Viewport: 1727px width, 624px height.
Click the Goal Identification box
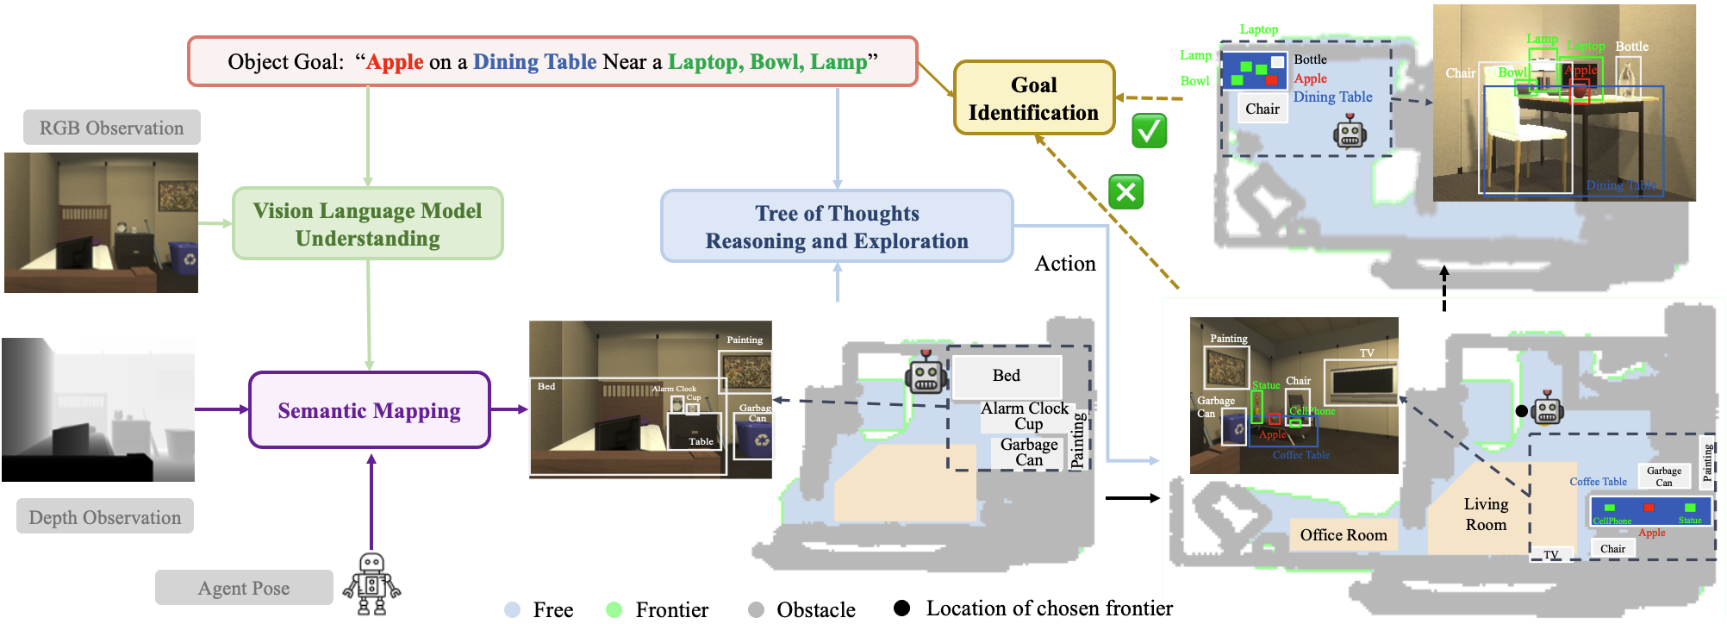(1033, 98)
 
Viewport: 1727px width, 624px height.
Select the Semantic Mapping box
(369, 410)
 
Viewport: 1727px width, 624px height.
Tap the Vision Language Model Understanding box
(368, 224)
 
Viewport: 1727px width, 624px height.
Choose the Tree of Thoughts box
(837, 227)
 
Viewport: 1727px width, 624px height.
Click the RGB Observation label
(112, 128)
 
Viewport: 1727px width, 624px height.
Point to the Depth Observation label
(105, 517)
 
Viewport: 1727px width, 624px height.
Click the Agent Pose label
(244, 588)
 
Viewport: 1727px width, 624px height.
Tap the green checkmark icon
(1150, 131)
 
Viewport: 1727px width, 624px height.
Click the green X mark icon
(1126, 192)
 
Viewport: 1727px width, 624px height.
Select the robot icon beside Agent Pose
(371, 584)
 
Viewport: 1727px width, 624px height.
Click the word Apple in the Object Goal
(396, 62)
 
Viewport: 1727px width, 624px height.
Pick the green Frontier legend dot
(614, 609)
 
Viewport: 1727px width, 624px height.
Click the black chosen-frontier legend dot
(902, 608)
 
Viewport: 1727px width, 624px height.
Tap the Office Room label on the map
(1344, 535)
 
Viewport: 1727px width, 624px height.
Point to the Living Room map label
(1486, 514)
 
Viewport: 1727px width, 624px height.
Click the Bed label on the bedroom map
(1006, 376)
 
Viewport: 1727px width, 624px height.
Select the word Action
(1065, 264)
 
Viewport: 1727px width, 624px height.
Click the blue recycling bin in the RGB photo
(184, 257)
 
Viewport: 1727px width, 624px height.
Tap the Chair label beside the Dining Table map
(1262, 109)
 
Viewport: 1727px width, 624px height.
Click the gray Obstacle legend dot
(757, 609)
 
